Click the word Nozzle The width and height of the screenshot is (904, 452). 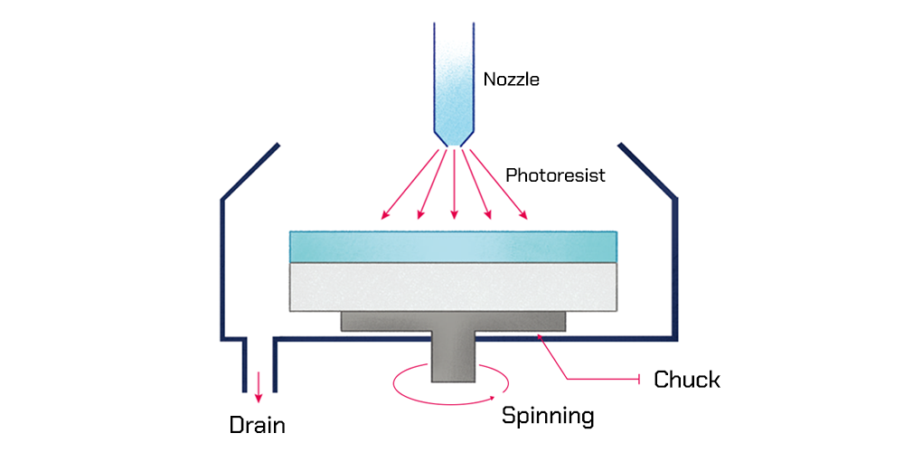coord(511,80)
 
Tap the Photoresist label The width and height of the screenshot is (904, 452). coord(555,174)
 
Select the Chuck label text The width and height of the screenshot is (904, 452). coord(687,380)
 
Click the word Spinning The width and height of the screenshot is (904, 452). coord(548,417)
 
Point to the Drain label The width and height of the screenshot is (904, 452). coord(258,424)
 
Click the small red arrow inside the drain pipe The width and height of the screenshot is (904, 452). coord(259,384)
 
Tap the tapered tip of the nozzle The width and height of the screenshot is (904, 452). coord(453,137)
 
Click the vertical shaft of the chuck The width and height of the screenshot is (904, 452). coord(453,357)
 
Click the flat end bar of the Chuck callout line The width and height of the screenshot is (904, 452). coord(641,380)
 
